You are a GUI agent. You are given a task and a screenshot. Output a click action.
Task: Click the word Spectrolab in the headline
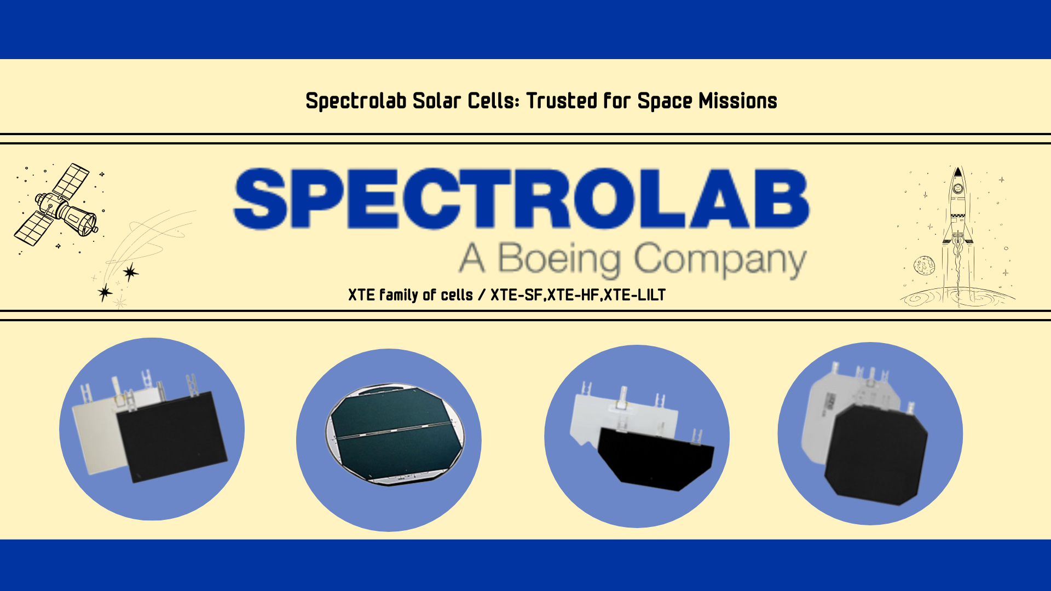point(356,101)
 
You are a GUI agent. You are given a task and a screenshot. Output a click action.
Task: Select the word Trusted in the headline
point(561,101)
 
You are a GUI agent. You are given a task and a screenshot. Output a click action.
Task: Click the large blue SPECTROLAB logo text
point(521,198)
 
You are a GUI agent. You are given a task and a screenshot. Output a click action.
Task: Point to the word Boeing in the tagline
point(559,258)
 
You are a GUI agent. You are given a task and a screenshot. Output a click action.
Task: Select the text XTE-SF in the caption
point(516,296)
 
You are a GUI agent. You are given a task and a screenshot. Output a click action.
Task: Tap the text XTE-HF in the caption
point(573,296)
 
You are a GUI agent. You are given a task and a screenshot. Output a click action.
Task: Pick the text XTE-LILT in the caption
point(634,296)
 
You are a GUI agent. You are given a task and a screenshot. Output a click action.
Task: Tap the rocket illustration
point(957,219)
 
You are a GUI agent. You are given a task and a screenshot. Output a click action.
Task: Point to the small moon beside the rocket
point(924,265)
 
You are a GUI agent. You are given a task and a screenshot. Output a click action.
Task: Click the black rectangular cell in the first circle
point(172,437)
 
